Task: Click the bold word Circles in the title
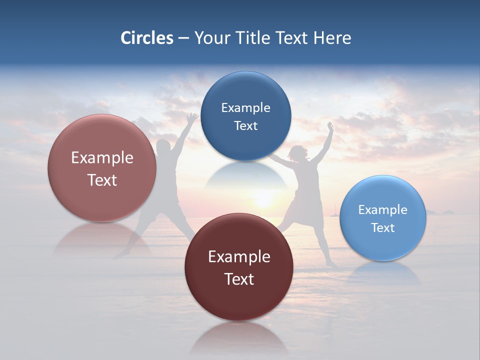click(146, 38)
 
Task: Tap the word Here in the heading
click(332, 38)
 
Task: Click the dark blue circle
click(245, 116)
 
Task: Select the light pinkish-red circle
click(102, 168)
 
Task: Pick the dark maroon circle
click(239, 267)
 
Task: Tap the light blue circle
click(383, 218)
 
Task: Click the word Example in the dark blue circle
click(245, 107)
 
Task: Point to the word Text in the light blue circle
click(383, 227)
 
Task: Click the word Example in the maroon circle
click(239, 256)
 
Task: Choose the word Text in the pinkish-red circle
click(102, 180)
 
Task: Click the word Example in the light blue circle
click(383, 209)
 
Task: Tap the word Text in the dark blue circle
click(245, 125)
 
